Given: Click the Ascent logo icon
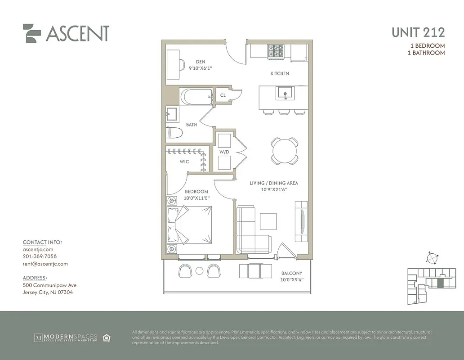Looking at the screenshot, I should click(x=32, y=33).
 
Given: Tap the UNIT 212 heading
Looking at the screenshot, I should click(x=418, y=32).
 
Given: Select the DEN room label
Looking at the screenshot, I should click(x=201, y=62).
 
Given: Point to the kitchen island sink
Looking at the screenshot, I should click(x=284, y=93).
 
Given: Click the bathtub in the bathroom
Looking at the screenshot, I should click(x=196, y=97).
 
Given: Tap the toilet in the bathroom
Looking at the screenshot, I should click(x=174, y=133).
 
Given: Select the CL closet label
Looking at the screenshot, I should click(x=223, y=95).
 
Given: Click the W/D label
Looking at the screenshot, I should click(x=224, y=152).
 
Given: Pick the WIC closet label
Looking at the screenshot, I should click(x=184, y=162).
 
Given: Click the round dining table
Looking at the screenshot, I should click(x=284, y=151).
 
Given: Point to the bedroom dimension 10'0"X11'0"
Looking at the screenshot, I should click(x=196, y=198).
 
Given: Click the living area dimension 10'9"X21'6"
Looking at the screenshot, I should click(x=274, y=189).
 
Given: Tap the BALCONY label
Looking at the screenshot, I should click(x=291, y=273).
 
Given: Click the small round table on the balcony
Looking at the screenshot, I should click(x=200, y=270).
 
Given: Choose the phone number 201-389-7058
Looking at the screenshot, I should click(x=40, y=256).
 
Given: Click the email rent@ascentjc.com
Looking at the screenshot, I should click(x=45, y=264).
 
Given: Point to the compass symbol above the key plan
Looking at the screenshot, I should click(x=431, y=258).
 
